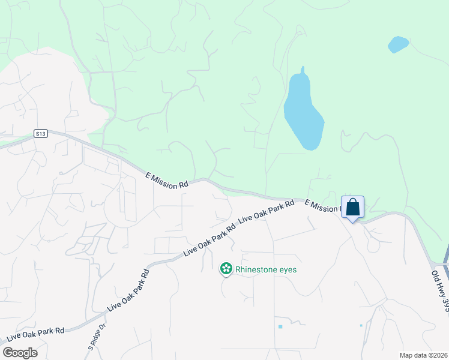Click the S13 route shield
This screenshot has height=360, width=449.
[x=40, y=134]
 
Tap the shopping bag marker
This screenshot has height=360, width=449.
[x=353, y=207]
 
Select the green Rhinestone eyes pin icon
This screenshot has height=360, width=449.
[x=226, y=269]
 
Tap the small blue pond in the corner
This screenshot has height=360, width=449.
[x=398, y=44]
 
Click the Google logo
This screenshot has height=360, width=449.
[x=20, y=353]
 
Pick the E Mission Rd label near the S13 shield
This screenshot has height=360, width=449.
[x=167, y=180]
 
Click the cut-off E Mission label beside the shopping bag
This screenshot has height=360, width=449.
[x=322, y=206]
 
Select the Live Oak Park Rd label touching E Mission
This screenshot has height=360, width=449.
[x=267, y=212]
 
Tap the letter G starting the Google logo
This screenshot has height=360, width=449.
[x=8, y=353]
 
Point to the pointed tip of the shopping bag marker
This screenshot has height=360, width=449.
[x=353, y=221]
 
